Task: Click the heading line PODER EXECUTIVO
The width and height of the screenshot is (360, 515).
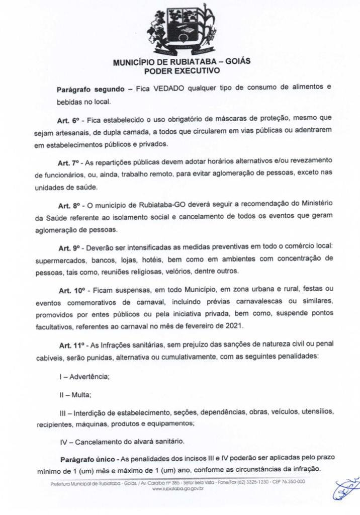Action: tap(182, 71)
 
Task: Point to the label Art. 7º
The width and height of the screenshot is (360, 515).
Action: tap(69, 160)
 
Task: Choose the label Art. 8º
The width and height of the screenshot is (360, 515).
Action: tap(69, 206)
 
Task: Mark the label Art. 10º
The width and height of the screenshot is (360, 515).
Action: tap(71, 291)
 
